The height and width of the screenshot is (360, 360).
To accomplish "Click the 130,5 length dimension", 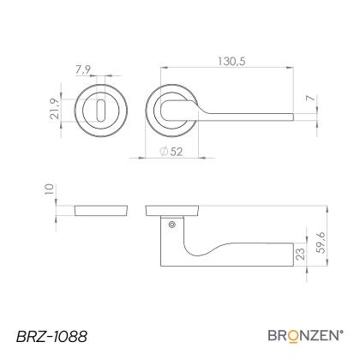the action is point(231,62).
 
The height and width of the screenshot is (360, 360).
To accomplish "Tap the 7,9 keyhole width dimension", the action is point(83,69).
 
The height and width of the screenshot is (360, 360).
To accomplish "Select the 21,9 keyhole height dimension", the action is point(55,109).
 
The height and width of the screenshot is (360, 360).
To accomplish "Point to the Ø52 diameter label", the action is point(171,152).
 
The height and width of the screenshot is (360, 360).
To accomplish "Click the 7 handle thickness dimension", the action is point(311,99).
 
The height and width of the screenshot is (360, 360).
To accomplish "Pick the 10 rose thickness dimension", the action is point(49,189).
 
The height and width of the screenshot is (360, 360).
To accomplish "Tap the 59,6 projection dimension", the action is point(321,243).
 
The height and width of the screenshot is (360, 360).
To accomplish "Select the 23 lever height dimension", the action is point(300,254).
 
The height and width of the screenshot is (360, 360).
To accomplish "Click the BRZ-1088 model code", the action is point(51,337).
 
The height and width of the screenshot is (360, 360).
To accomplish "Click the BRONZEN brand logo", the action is point(305,335).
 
